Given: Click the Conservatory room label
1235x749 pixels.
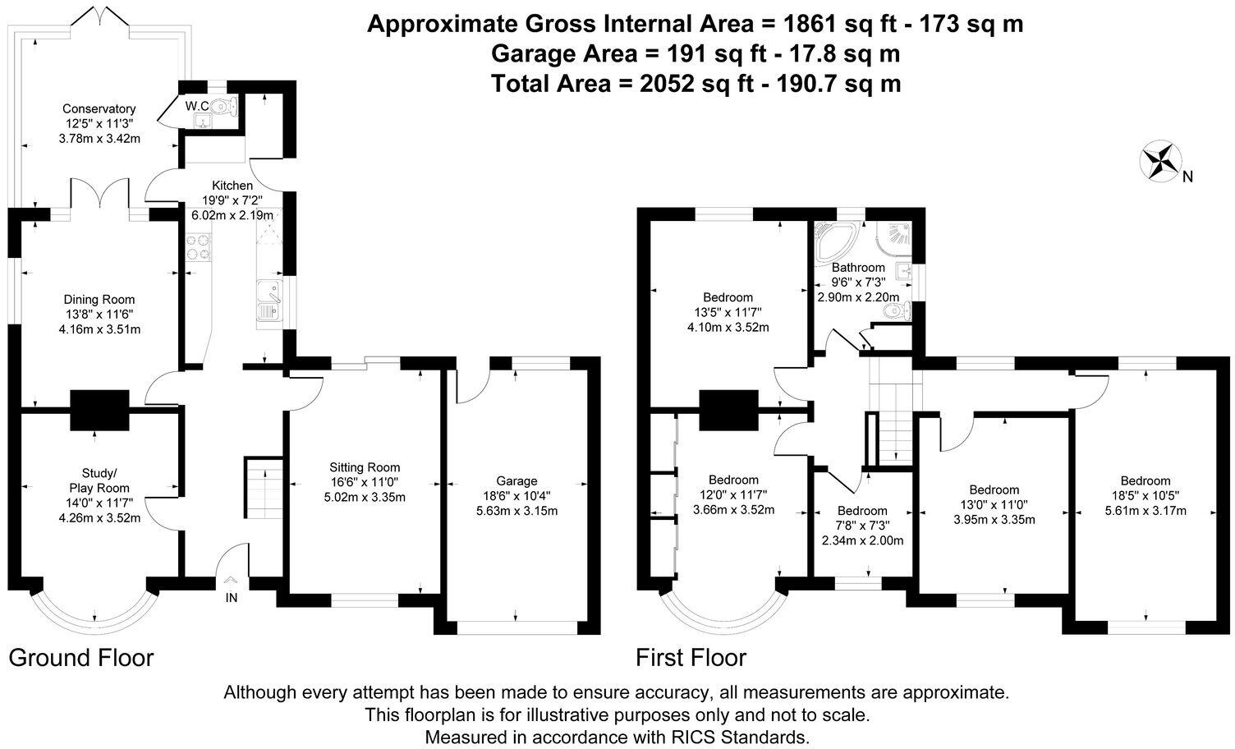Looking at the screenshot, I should (x=99, y=108).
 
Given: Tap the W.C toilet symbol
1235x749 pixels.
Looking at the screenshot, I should (x=223, y=106).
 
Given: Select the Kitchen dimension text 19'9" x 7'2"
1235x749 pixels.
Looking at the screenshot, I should (x=232, y=200).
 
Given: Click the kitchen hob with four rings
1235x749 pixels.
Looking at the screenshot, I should (x=199, y=247).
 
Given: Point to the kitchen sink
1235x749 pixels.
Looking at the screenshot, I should (x=269, y=300).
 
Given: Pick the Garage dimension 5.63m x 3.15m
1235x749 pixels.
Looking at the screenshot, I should (x=516, y=511).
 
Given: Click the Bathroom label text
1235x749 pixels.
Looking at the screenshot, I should (x=858, y=268).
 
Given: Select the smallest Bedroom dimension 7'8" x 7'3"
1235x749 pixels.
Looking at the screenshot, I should (x=862, y=526).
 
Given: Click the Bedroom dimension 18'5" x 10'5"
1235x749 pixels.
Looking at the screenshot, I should (x=1145, y=495).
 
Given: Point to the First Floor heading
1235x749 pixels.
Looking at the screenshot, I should (x=691, y=658).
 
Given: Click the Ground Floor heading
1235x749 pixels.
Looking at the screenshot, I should (x=81, y=658).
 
